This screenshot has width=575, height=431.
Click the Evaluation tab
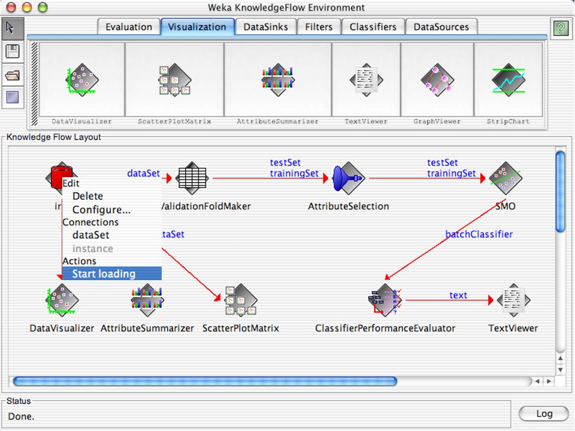point(129,27)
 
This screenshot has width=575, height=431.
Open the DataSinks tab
point(265,27)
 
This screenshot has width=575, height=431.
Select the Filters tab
point(319,27)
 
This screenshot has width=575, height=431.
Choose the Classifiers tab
point(373,27)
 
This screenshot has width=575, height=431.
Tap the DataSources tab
point(441,27)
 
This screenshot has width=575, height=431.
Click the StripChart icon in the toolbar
point(509,80)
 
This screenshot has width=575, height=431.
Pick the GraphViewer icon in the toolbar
point(437,80)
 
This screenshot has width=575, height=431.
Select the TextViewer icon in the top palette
point(367,80)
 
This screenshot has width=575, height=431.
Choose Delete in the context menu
point(87,196)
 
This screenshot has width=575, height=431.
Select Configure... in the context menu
point(101,210)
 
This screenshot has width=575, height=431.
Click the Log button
point(544,414)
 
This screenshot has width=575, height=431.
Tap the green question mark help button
point(561,28)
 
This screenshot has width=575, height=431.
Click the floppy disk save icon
point(13,51)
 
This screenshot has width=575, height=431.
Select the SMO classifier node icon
point(506,178)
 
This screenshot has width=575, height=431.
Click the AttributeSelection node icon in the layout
point(349,178)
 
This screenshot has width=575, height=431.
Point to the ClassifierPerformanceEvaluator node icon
point(385,300)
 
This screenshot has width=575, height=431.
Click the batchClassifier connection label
point(479,234)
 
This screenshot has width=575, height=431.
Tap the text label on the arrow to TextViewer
point(458,295)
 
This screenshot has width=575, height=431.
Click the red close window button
point(11,7)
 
